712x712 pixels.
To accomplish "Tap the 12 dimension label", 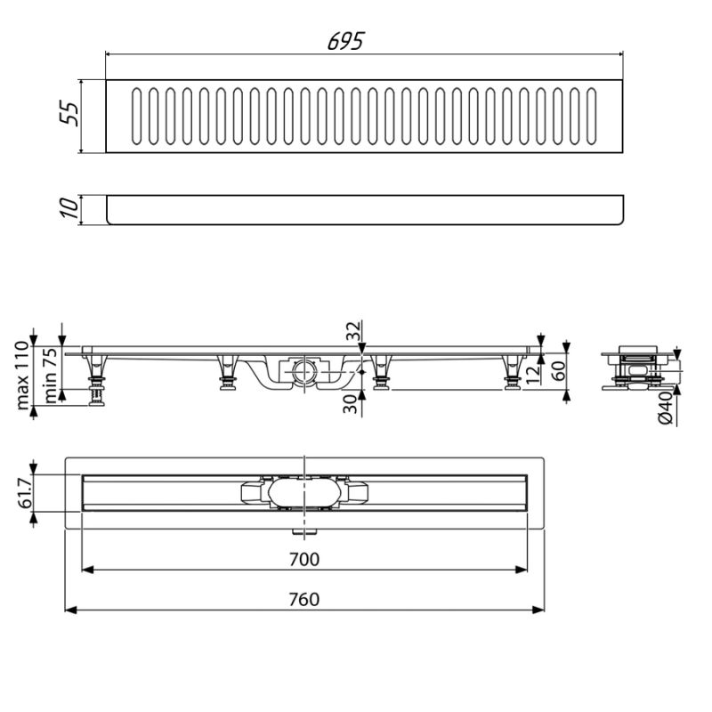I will [532, 372].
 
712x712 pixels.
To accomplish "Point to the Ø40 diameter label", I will [667, 409].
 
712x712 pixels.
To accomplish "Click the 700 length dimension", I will [305, 559].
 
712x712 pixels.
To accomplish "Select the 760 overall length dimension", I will [305, 599].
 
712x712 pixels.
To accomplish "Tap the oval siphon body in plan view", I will [303, 492].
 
